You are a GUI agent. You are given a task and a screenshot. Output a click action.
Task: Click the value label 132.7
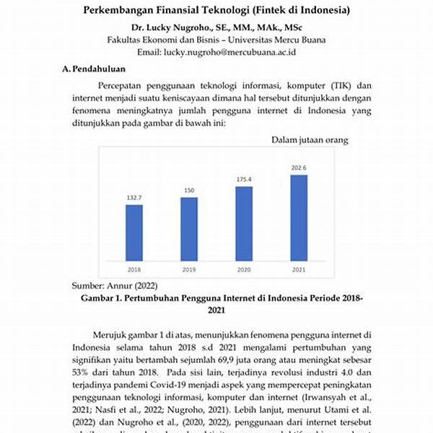click(134, 196)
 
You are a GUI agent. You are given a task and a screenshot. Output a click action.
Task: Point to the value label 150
click(189, 191)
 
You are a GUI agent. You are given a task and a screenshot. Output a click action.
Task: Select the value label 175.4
click(244, 179)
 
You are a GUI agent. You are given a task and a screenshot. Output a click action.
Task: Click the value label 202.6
click(299, 167)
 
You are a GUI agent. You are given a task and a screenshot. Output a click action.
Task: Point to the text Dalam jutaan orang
click(310, 139)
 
